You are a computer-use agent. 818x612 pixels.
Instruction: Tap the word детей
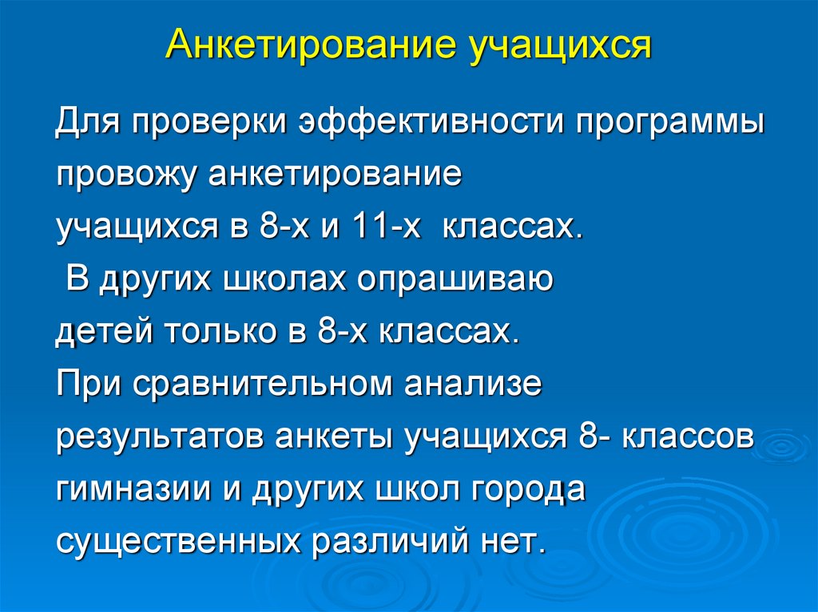(x=101, y=332)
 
